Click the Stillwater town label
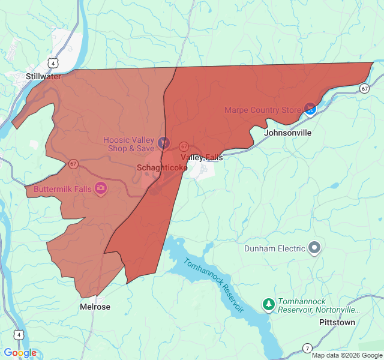[x=43, y=76]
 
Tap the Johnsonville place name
[x=287, y=132]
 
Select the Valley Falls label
[x=202, y=157]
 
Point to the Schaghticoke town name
[x=162, y=167]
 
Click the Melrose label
[x=95, y=307]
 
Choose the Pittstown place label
[x=337, y=322]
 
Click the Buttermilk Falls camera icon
[x=101, y=189]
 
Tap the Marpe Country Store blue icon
[x=310, y=109]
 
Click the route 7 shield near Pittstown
[x=307, y=348]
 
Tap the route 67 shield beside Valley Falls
[x=184, y=146]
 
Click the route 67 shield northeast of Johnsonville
[x=364, y=88]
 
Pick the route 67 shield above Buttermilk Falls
[x=73, y=163]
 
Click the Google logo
[x=20, y=353]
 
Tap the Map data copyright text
[x=347, y=355]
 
